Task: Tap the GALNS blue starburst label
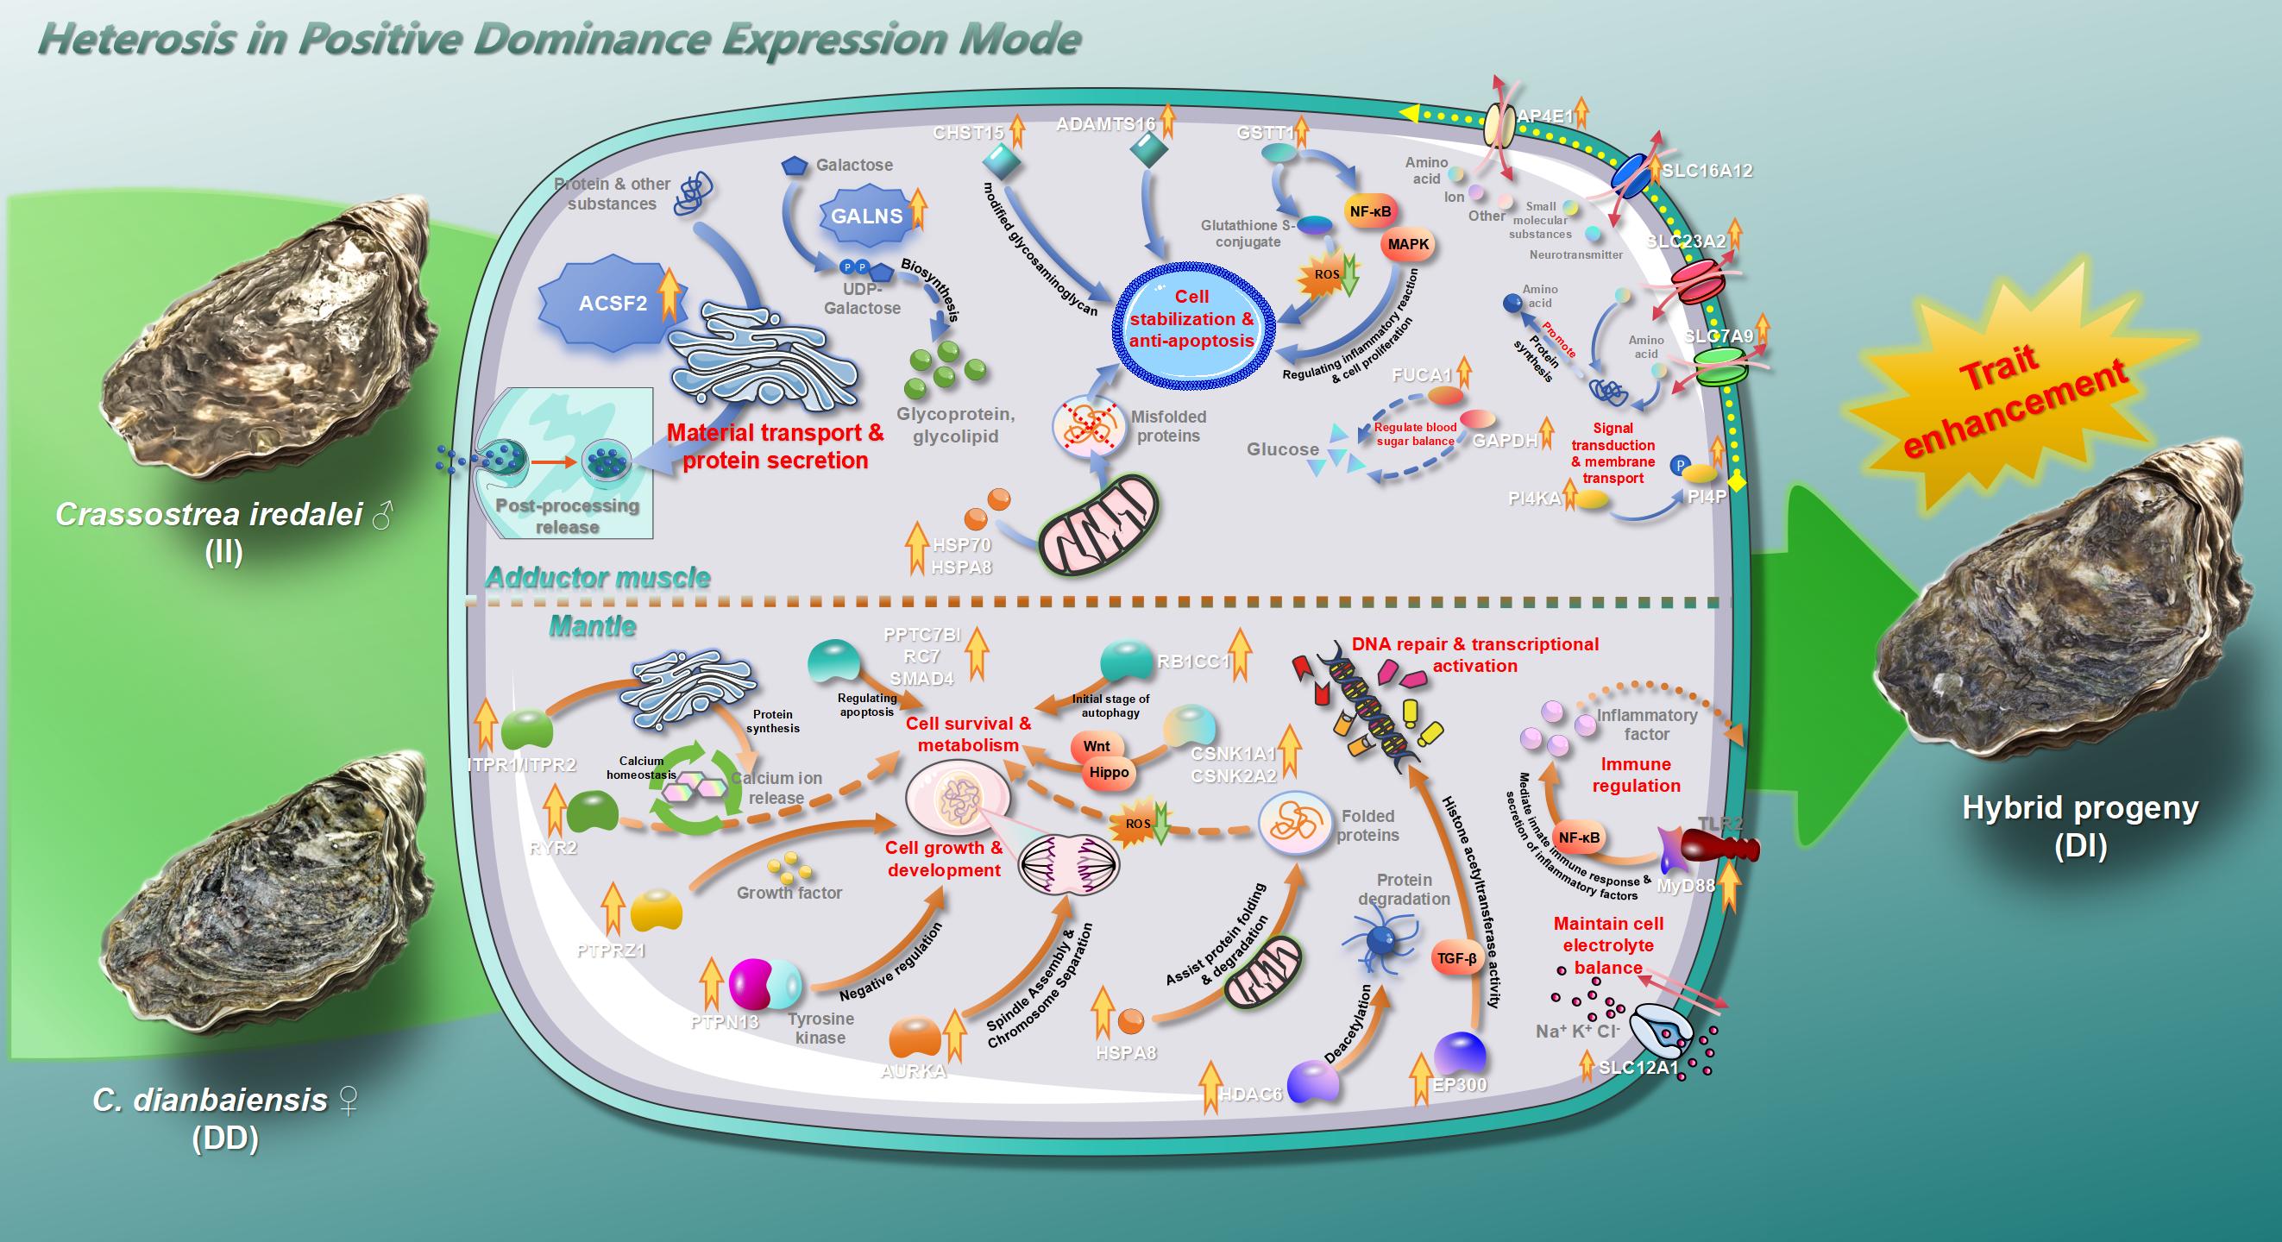[865, 216]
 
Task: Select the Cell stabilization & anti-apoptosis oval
[1191, 319]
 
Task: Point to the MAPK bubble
[1408, 244]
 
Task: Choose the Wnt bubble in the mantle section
[1096, 746]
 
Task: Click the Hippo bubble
[1109, 772]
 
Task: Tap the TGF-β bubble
[1456, 958]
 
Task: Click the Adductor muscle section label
[598, 578]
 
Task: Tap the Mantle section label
[592, 626]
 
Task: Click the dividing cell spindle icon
[1069, 864]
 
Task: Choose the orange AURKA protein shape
[915, 1038]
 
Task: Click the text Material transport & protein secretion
[775, 447]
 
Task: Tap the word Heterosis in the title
[137, 39]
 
